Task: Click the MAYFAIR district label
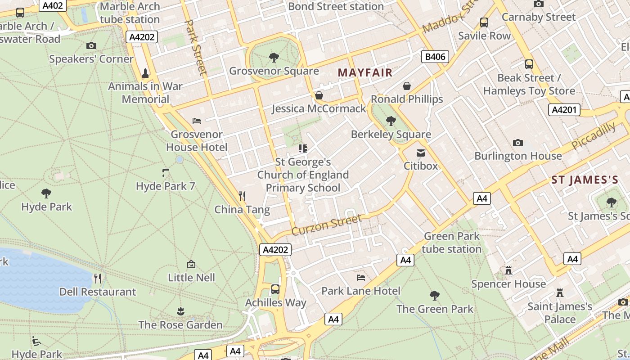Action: [x=365, y=72]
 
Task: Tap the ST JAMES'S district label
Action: [x=585, y=180]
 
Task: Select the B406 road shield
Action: [x=435, y=57]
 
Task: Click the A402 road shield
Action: [x=53, y=5]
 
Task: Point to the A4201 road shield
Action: [x=564, y=109]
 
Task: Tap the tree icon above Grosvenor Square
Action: [x=273, y=58]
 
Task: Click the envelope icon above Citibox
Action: [x=420, y=153]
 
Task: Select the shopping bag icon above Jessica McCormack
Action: [x=319, y=95]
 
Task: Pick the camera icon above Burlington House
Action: [x=518, y=143]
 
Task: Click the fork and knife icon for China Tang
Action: [x=242, y=196]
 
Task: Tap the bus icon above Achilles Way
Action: [x=275, y=289]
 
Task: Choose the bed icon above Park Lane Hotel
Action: [x=360, y=277]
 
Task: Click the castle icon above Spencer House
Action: [x=508, y=270]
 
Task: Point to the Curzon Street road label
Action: [x=326, y=225]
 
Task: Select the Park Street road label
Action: [x=196, y=47]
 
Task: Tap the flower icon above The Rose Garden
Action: [x=180, y=311]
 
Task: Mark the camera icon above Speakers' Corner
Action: [x=91, y=45]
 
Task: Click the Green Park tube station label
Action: [x=451, y=242]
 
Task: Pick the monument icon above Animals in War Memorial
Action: [x=145, y=72]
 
